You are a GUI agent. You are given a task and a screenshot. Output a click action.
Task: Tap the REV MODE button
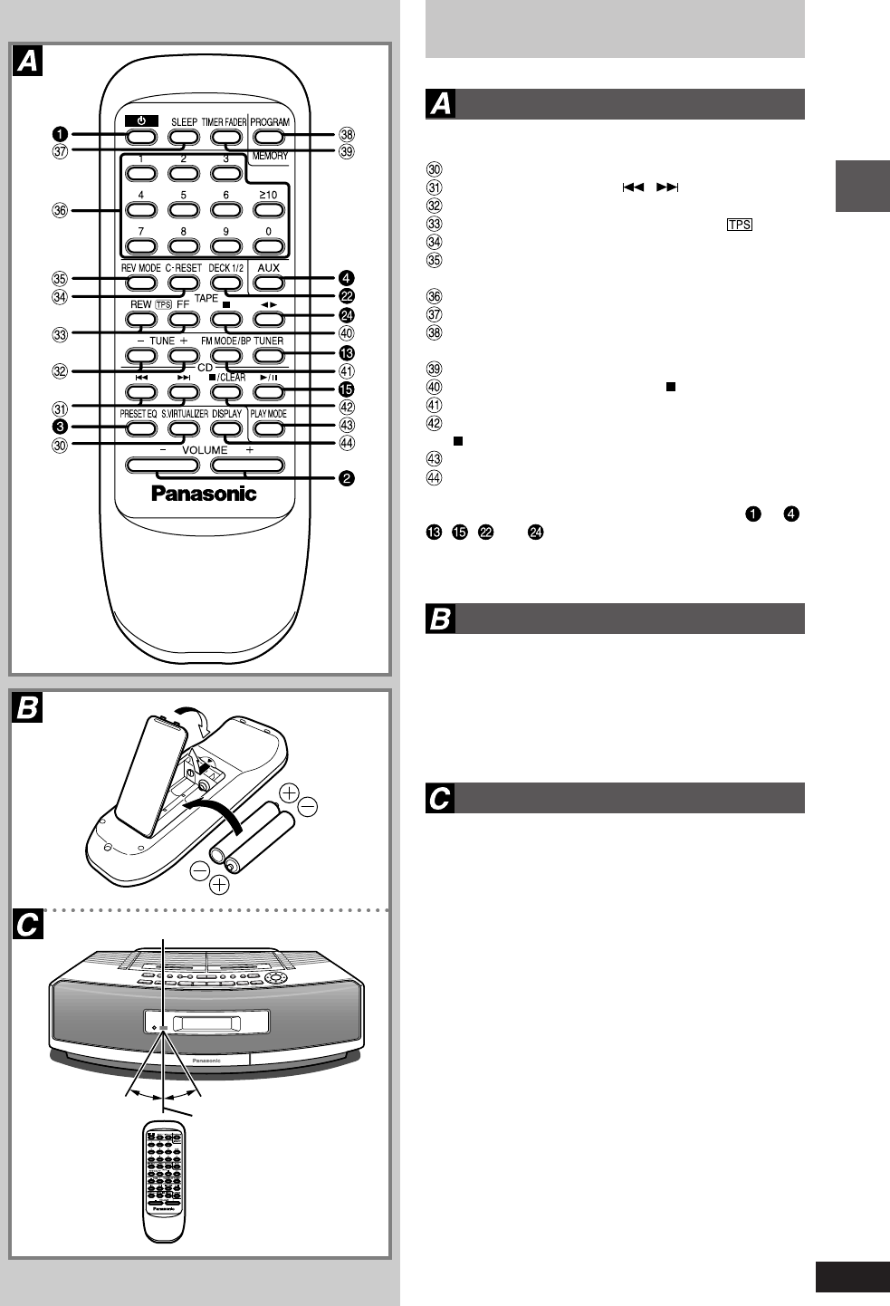point(140,283)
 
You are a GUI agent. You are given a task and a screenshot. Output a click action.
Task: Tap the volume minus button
point(163,466)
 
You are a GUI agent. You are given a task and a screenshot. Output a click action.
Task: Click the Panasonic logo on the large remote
point(204,494)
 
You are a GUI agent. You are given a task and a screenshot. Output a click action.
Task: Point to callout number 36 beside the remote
point(60,211)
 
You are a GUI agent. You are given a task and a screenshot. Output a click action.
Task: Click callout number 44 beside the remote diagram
point(347,443)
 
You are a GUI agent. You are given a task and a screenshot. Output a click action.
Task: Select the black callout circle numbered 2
point(347,478)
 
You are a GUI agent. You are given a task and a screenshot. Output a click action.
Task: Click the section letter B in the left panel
point(28,707)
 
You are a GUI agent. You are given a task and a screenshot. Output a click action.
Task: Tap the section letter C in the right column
point(440,799)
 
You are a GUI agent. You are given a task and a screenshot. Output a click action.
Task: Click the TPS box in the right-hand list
point(739,225)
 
